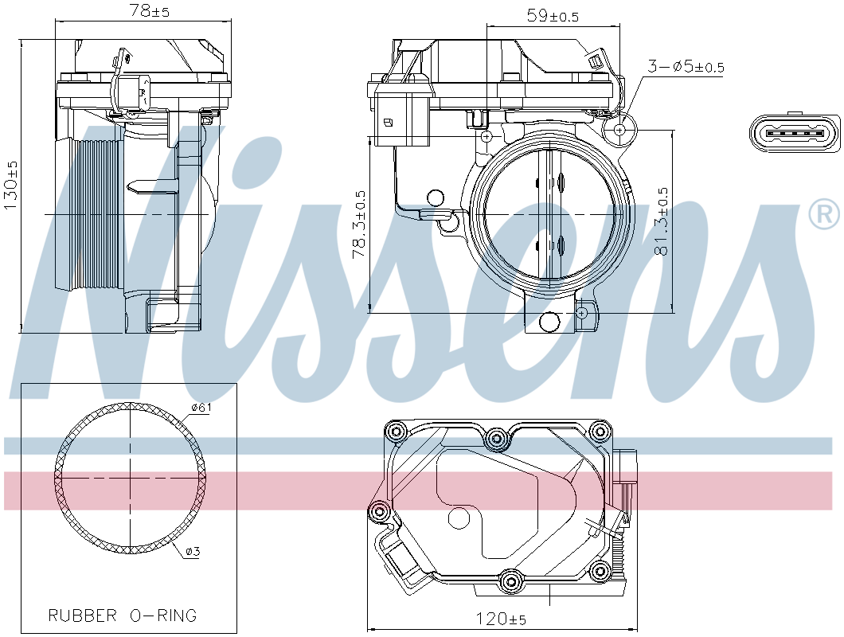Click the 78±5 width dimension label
(149, 11)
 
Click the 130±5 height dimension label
(11, 186)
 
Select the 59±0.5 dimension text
(553, 16)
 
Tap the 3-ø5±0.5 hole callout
(686, 67)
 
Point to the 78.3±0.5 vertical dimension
(359, 225)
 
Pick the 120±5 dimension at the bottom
(501, 619)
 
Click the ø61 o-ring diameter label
(201, 407)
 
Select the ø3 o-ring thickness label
(193, 551)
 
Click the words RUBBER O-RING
(123, 615)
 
